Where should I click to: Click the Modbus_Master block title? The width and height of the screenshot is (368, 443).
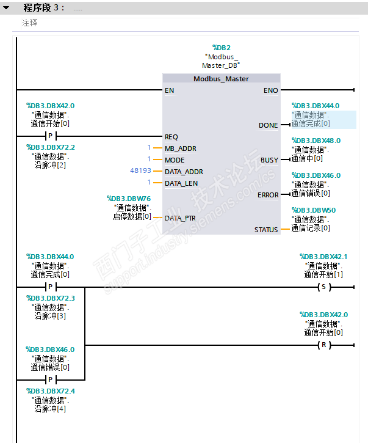point(221,79)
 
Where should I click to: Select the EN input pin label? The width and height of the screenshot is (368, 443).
point(169,90)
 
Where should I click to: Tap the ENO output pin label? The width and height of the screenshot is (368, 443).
point(270,90)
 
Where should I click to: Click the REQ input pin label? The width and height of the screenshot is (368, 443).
point(171,137)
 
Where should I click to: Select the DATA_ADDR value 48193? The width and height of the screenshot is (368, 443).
point(141,171)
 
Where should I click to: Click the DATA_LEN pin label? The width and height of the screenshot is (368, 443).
point(181,183)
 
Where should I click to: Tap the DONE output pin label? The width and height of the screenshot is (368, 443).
point(268,125)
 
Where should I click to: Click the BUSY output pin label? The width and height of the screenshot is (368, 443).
point(269,160)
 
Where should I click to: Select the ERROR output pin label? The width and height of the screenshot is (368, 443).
point(268,195)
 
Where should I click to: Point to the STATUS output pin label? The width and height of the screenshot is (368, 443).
point(266,230)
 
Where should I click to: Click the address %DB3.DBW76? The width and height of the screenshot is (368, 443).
point(129,199)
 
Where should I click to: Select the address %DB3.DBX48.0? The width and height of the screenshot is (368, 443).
point(316,141)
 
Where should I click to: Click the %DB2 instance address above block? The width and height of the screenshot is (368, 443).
point(221,47)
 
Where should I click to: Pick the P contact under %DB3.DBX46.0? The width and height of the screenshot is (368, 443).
point(50,379)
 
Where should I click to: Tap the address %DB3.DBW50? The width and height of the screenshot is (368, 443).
point(314,210)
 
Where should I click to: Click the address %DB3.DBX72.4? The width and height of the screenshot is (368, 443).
point(51,391)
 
